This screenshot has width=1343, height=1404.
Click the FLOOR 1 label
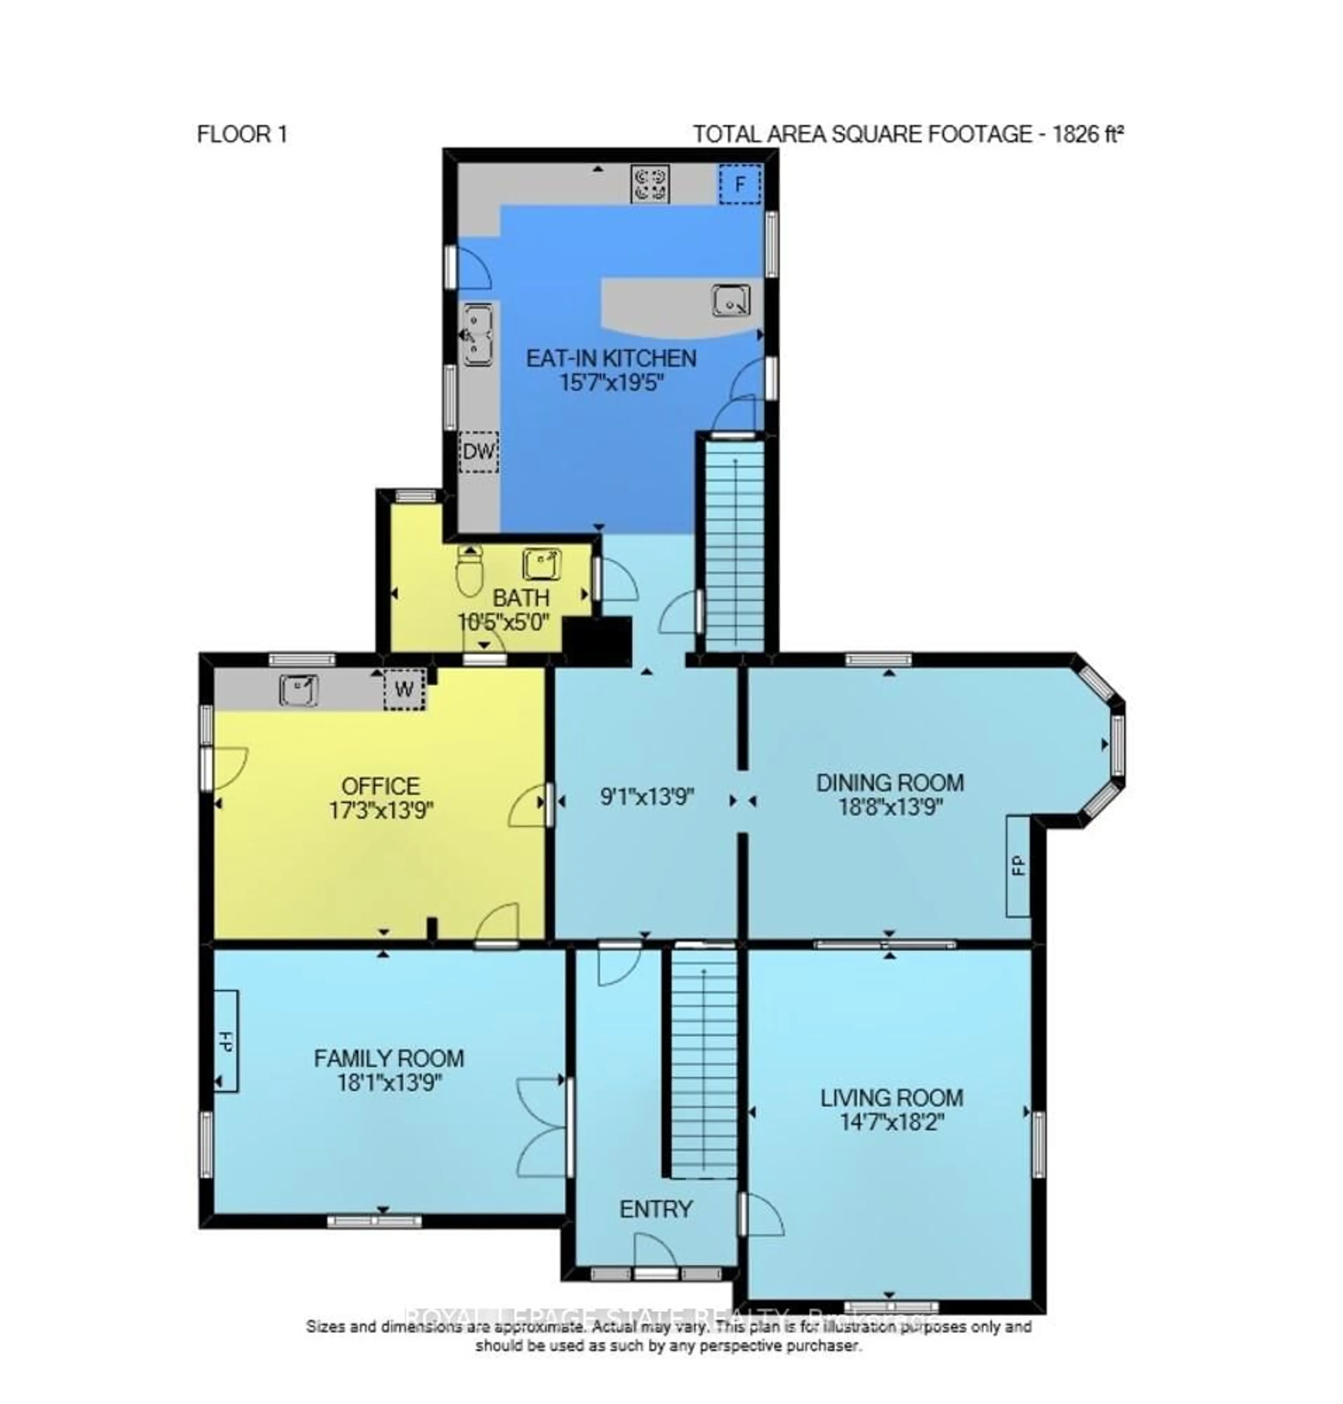click(x=242, y=135)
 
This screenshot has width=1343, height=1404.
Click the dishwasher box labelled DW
click(x=478, y=452)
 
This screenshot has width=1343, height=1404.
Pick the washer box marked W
click(x=405, y=689)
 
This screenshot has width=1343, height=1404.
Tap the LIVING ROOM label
click(x=891, y=1098)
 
